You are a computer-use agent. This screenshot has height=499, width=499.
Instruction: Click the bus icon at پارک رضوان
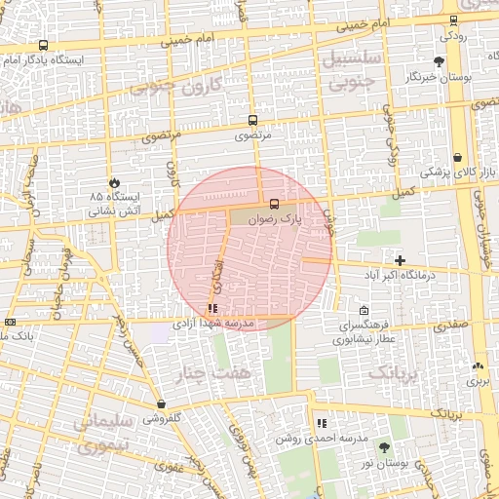(274, 205)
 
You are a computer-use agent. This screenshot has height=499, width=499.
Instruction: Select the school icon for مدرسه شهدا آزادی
(212, 309)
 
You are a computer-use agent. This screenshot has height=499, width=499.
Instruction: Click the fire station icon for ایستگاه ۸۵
(115, 181)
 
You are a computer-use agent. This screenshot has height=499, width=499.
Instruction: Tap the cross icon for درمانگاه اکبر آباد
(400, 259)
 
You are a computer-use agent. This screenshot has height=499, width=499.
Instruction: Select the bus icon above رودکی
(453, 20)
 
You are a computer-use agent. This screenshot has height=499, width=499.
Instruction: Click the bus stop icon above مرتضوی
(254, 121)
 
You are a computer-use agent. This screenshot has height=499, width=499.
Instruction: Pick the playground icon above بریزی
(478, 366)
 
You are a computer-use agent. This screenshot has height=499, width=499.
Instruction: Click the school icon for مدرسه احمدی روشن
(321, 424)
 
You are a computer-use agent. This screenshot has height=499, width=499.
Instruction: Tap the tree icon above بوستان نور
(384, 446)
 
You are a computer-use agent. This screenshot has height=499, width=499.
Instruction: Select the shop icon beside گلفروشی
(161, 403)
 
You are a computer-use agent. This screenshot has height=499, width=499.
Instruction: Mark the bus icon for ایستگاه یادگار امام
(43, 46)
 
